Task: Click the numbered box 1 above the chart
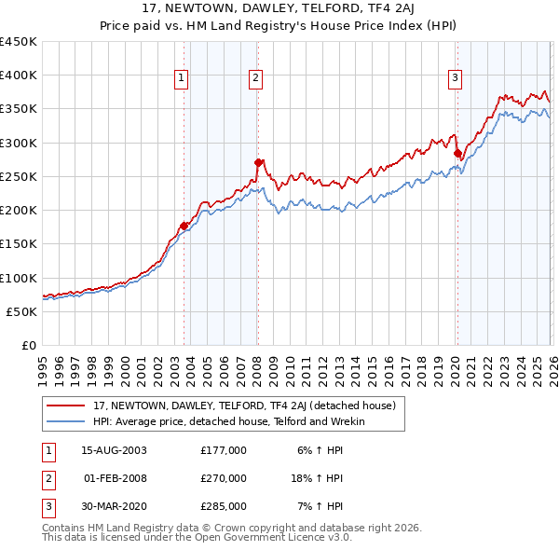181,78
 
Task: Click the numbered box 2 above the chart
255,78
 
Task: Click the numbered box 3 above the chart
456,78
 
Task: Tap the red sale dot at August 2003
184,225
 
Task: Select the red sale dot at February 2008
258,162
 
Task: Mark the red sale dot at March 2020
457,153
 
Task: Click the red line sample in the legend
67,406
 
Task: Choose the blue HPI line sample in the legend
67,421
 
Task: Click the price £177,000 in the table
223,450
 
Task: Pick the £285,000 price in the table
223,506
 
